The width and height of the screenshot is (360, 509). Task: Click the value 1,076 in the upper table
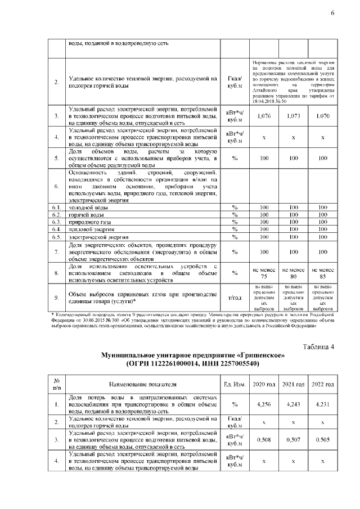point(264,116)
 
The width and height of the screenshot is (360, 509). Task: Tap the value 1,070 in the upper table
point(322,116)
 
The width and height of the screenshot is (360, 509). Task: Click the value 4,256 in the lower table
point(264,404)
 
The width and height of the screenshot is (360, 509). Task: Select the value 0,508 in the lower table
point(264,440)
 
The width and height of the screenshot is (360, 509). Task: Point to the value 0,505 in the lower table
point(322,440)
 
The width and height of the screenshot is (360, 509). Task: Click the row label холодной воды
point(85,208)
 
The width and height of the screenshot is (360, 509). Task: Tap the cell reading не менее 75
point(264,273)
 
